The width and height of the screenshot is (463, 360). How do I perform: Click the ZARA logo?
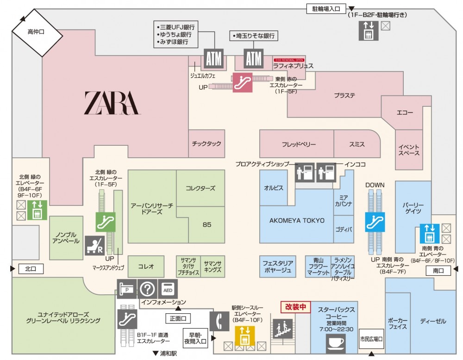pyautogui.click(x=111, y=103)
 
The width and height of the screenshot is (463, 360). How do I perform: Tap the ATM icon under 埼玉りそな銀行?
pyautogui.click(x=254, y=59)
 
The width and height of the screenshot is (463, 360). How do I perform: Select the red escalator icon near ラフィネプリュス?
pyautogui.click(x=242, y=82)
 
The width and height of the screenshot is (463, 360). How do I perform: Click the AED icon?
pyautogui.click(x=167, y=289)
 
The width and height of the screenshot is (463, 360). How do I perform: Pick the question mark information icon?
pyautogui.click(x=147, y=289)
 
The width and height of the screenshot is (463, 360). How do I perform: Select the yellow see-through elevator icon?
pyautogui.click(x=244, y=335)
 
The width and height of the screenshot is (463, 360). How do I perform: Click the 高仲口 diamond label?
pyautogui.click(x=37, y=32)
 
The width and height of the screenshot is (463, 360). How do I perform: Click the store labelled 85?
pyautogui.click(x=206, y=225)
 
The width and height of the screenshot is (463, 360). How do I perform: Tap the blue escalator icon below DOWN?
pyautogui.click(x=375, y=221)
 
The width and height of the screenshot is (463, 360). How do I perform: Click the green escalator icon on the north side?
pyautogui.click(x=106, y=221)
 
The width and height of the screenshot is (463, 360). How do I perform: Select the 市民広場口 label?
pyautogui.click(x=372, y=339)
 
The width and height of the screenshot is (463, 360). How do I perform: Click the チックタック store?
pyautogui.click(x=206, y=144)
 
